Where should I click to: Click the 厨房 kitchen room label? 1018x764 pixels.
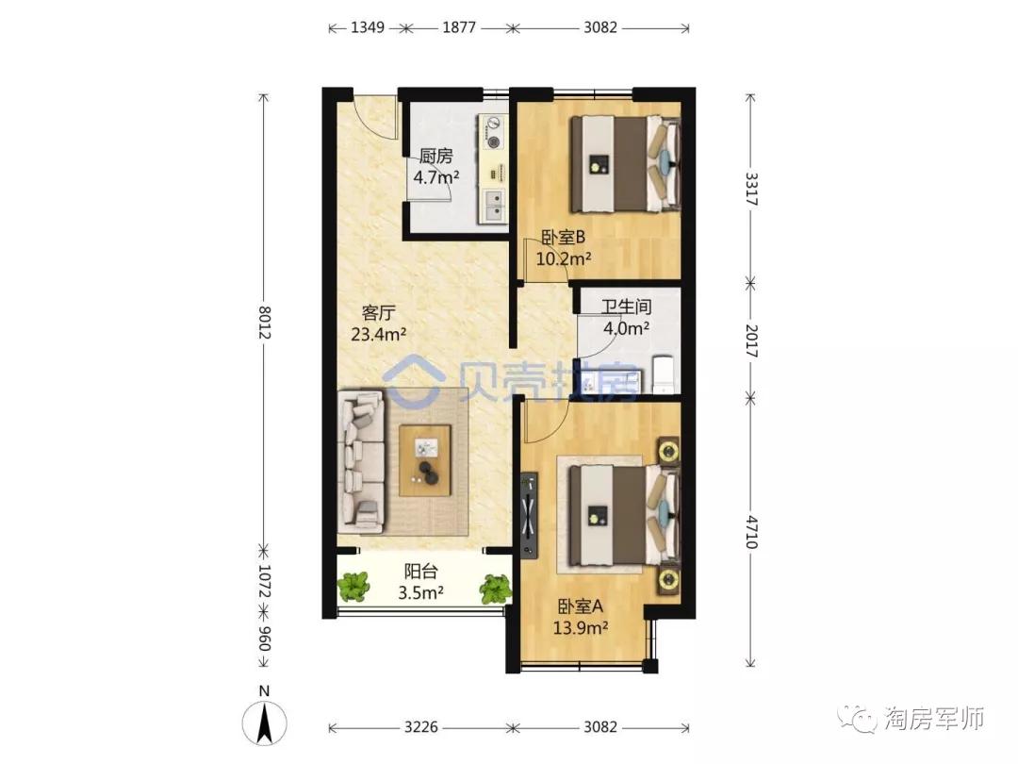click(435, 156)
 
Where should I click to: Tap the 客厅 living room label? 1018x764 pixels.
click(379, 313)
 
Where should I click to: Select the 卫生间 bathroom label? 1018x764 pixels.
click(626, 307)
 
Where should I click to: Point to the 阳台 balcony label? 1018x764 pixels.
click(420, 571)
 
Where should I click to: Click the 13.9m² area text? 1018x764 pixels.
click(581, 627)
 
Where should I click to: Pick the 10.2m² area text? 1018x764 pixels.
click(563, 258)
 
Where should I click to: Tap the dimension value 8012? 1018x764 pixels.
click(264, 323)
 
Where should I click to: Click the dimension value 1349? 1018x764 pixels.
click(368, 27)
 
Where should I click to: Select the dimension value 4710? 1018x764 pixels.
click(751, 532)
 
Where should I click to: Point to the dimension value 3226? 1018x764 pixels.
click(420, 727)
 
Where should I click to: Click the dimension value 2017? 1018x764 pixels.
click(751, 341)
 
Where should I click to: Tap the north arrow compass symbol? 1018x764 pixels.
click(264, 722)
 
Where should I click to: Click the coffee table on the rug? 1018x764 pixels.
click(425, 460)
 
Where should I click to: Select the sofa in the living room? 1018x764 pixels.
click(361, 462)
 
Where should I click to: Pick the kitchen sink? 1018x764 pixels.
click(493, 205)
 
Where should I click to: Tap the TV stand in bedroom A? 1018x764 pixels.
click(529, 514)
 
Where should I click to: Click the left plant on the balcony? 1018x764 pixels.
click(353, 586)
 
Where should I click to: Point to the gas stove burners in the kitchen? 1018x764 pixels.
click(494, 133)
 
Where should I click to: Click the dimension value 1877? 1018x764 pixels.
click(459, 27)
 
